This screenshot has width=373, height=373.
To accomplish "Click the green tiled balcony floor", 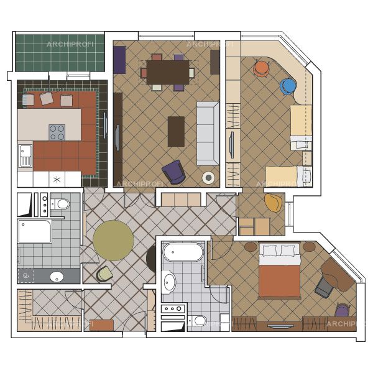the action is pyautogui.click(x=60, y=53).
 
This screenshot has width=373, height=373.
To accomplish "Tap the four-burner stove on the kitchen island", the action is pyautogui.click(x=57, y=132).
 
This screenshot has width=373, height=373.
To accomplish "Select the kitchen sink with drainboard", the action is pyautogui.click(x=25, y=155).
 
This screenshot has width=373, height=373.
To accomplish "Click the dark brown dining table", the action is pyautogui.click(x=168, y=72).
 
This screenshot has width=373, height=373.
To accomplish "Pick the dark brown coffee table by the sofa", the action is pyautogui.click(x=176, y=131).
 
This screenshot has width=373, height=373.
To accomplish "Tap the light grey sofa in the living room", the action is pyautogui.click(x=208, y=134).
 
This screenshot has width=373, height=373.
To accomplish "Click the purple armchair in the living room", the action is pyautogui.click(x=174, y=172).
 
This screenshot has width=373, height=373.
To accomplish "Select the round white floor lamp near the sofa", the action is pyautogui.click(x=208, y=177).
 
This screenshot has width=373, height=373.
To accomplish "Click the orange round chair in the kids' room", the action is pyautogui.click(x=262, y=69).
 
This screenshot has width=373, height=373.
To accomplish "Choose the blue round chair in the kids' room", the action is pyautogui.click(x=288, y=86).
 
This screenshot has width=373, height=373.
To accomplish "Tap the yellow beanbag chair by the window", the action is pyautogui.click(x=273, y=203).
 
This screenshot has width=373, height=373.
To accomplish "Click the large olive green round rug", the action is pyautogui.click(x=113, y=240).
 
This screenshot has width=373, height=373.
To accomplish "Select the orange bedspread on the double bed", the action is pyautogui.click(x=279, y=281).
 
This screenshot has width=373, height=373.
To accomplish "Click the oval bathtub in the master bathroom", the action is pyautogui.click(x=183, y=252).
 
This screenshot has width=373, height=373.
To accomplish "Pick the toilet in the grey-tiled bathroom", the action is pyautogui.click(x=60, y=204).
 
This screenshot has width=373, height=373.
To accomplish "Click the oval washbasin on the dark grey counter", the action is pyautogui.click(x=57, y=277).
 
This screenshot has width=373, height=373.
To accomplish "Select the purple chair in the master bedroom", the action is pyautogui.click(x=343, y=310).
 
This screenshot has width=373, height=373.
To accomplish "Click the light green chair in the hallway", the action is pyautogui.click(x=104, y=274).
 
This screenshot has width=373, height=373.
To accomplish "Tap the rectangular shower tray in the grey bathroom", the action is pyautogui.click(x=34, y=231).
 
